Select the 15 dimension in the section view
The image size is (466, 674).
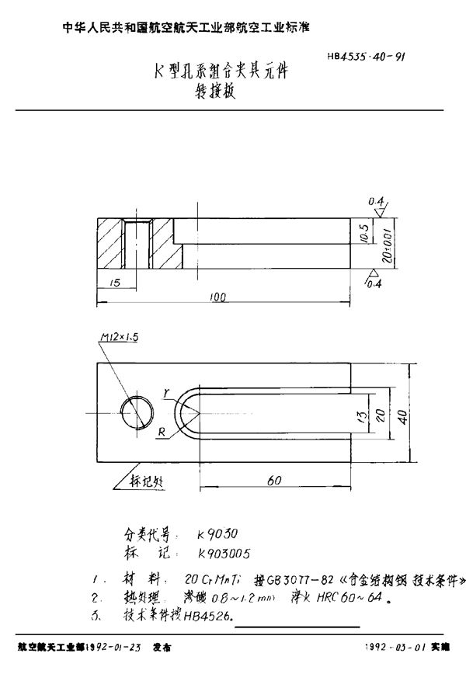tap(115, 283)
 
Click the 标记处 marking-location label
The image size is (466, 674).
tap(144, 479)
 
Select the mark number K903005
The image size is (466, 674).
tap(225, 553)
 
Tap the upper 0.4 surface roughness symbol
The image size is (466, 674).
tap(379, 204)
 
